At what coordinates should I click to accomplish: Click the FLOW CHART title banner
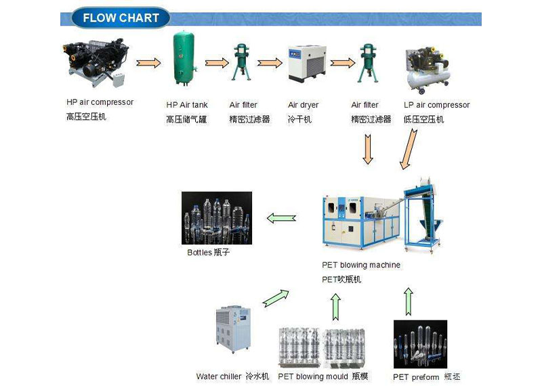[120, 18]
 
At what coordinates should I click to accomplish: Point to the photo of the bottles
[217, 218]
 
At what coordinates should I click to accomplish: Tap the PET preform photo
[420, 344]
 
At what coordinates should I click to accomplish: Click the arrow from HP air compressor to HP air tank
[148, 64]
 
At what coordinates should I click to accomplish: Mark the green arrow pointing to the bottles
[281, 218]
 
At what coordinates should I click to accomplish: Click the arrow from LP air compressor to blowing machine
[409, 150]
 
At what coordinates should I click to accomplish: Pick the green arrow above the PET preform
[408, 301]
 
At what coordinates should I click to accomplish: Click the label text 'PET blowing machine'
[361, 265]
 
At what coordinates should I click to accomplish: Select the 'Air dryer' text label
[303, 105]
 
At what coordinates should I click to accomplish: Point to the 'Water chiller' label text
[219, 377]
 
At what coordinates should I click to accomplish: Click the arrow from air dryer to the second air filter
[343, 62]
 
